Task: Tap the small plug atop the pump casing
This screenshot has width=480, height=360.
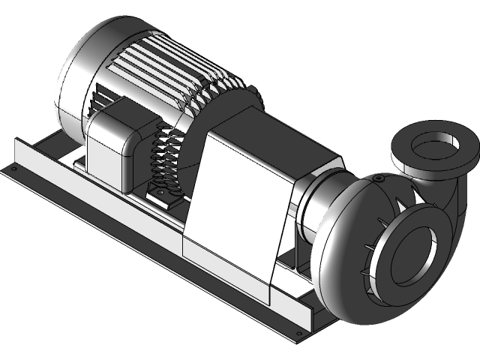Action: pyautogui.click(x=378, y=178)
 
